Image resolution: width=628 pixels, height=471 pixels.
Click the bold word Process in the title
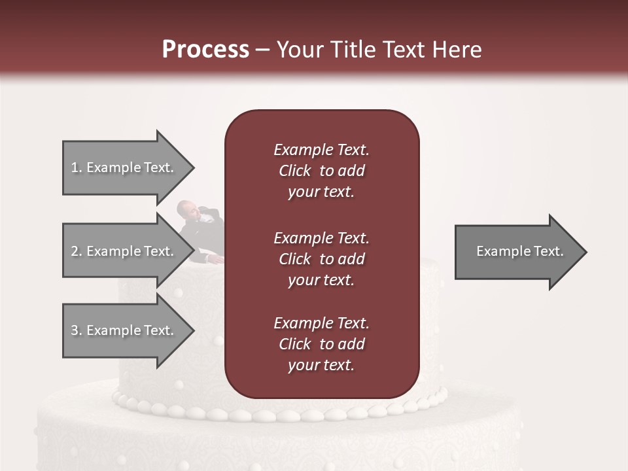coord(205,50)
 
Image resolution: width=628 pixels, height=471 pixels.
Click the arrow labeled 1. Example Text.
coord(124,167)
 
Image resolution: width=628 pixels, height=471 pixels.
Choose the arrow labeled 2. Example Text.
coord(124,251)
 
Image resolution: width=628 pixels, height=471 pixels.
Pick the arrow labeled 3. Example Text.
coord(124,330)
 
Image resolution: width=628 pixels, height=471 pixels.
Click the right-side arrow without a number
coord(517,252)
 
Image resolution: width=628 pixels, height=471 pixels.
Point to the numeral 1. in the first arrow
coord(77,167)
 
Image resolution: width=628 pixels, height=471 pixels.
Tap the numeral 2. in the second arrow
coord(77,251)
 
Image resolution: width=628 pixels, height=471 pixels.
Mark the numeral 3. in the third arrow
coord(77,330)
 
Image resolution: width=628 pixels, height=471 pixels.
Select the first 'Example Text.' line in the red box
coord(321,150)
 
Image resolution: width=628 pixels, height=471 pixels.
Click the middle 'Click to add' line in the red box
coord(321,259)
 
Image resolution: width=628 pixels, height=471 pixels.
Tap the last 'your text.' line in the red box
coord(321,365)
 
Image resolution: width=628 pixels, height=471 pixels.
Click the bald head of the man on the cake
coord(186,208)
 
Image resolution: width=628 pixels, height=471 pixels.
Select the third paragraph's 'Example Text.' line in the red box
coord(321,323)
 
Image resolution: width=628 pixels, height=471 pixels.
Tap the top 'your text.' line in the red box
coord(321,192)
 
